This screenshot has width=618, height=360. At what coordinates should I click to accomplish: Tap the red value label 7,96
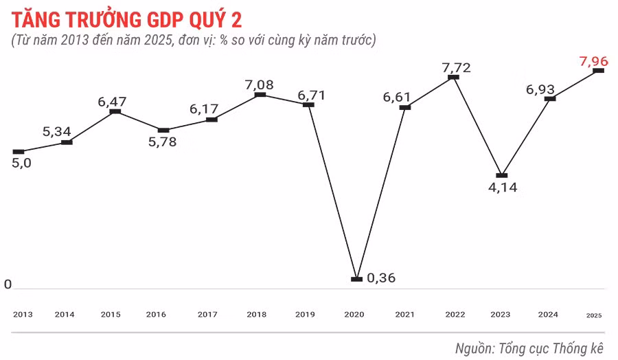(x=593, y=61)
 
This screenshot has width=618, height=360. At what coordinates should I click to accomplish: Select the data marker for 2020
(x=356, y=279)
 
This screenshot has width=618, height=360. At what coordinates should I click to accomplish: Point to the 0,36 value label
(x=381, y=278)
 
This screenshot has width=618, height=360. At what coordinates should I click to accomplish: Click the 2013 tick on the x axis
(x=23, y=314)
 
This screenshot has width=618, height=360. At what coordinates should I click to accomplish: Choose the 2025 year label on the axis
(x=594, y=315)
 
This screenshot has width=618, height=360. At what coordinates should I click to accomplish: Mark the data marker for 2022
(x=453, y=78)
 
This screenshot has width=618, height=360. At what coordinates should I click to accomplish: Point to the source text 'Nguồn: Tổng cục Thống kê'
(x=532, y=347)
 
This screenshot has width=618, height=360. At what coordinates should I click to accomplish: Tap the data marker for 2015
(x=115, y=111)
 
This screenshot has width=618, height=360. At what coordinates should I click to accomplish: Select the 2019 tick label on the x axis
(x=305, y=314)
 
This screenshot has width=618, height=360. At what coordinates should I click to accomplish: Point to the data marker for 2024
(x=549, y=99)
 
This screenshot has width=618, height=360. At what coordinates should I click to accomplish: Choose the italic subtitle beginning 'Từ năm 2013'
(x=194, y=41)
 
